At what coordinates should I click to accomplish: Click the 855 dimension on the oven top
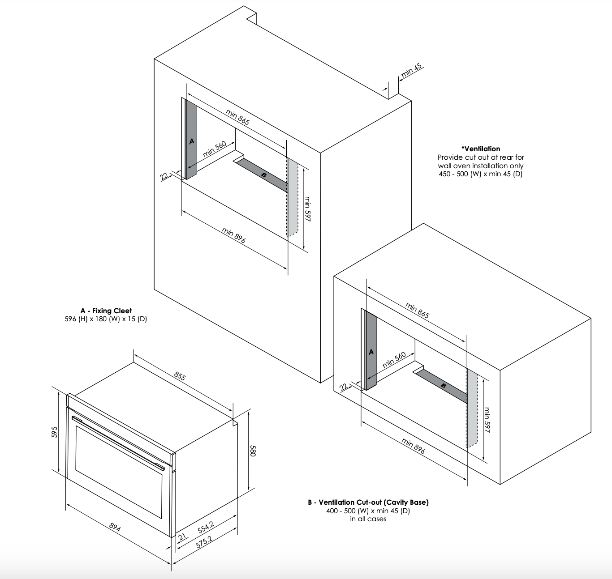[x=180, y=376]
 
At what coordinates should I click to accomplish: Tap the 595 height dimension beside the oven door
[x=55, y=432]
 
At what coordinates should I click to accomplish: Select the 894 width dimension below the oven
[x=115, y=528]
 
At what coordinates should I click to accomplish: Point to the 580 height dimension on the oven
[x=253, y=451]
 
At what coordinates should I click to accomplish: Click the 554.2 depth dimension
[x=206, y=528]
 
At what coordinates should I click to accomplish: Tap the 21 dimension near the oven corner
[x=182, y=536]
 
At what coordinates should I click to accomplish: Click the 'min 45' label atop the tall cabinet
[x=412, y=71]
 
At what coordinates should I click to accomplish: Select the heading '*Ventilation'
[x=481, y=149]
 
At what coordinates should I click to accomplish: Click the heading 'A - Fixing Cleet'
[x=106, y=311]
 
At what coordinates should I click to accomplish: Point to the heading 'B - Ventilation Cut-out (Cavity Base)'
[x=368, y=502]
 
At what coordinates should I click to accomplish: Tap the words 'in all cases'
[x=368, y=519]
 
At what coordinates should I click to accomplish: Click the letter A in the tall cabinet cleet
[x=191, y=141]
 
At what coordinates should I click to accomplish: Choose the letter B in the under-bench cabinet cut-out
[x=444, y=386]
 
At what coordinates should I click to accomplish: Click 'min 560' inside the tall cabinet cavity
[x=215, y=149]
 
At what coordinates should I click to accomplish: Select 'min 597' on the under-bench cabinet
[x=487, y=420]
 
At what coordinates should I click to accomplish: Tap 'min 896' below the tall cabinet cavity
[x=233, y=235]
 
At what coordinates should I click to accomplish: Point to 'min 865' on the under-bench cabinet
[x=417, y=311]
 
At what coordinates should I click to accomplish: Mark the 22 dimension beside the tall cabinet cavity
[x=164, y=176]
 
